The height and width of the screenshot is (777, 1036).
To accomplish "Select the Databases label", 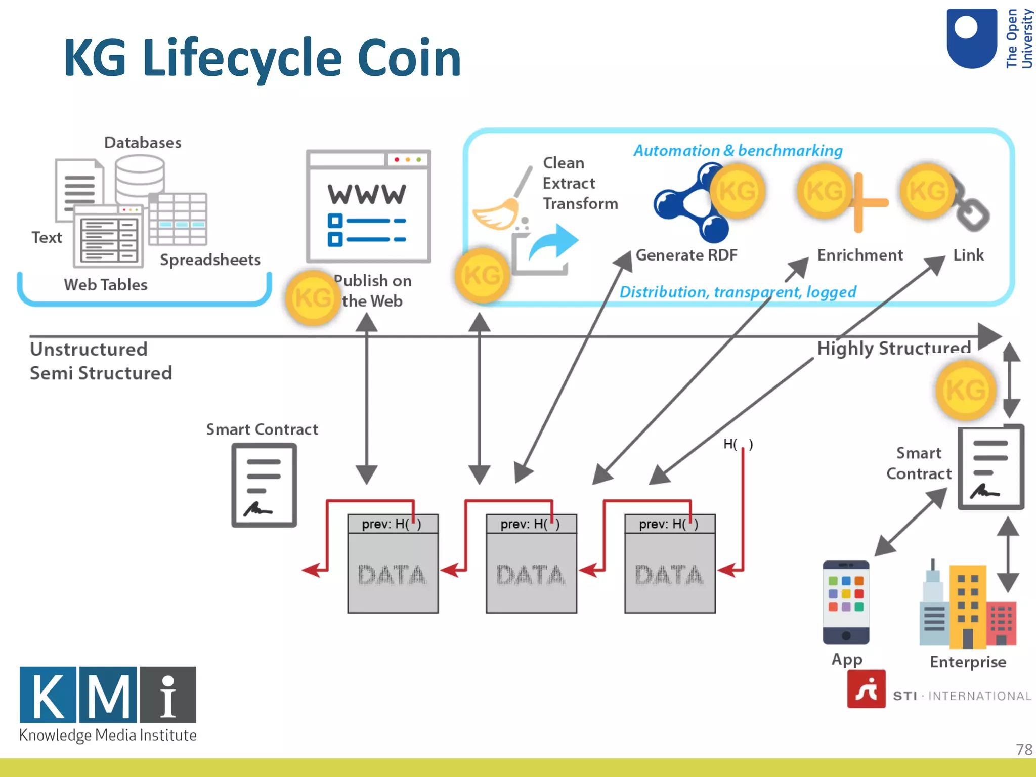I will coord(143,143).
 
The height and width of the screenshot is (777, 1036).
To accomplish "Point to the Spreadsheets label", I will coord(210,260).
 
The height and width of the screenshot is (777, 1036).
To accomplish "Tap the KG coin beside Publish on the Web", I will coord(312,297).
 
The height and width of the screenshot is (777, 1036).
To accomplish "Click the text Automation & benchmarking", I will coord(738,151).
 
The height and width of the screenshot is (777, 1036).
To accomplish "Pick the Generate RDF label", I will coord(686,255).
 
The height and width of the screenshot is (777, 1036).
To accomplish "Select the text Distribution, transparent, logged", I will coord(738,292).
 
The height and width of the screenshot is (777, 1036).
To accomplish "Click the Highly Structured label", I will coord(893,348).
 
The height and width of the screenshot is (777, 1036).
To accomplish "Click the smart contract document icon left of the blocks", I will coord(264,485).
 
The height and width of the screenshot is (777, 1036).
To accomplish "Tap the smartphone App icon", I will coord(845,602).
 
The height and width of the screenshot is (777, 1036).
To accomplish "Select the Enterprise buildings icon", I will coord(967,605).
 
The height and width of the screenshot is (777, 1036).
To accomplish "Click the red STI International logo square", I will coord(866,689).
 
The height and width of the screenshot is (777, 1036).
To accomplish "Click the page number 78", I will coord(1023,749).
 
